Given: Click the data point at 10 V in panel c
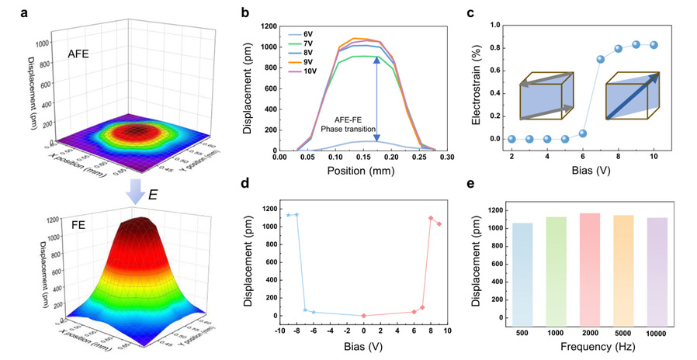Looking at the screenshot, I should (x=654, y=44).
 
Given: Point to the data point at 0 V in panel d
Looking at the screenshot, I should (x=364, y=316).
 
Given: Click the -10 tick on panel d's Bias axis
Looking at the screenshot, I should (x=277, y=326).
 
